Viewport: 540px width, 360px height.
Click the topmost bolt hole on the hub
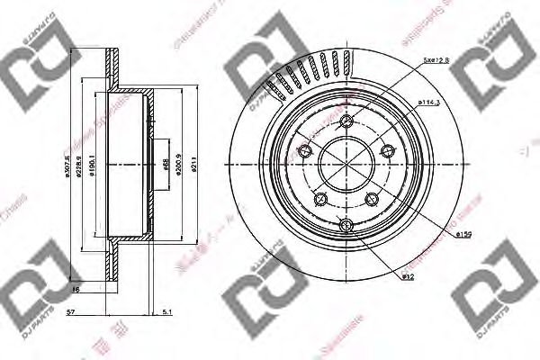pos(346,121)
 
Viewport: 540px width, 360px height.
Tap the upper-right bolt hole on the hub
pos(388,151)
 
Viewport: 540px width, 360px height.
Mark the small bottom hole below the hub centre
pos(346,224)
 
